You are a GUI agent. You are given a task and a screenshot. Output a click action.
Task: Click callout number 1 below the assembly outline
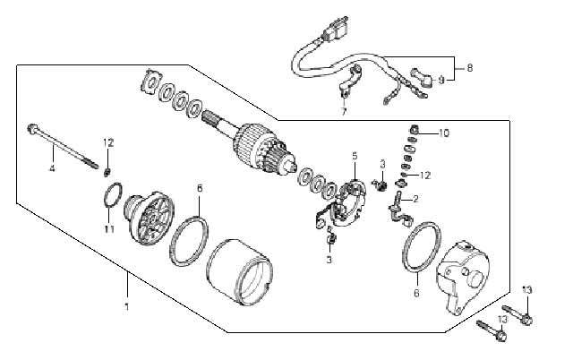pyautogui.click(x=127, y=306)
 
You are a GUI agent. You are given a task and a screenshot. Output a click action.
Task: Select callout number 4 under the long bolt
pyautogui.click(x=52, y=168)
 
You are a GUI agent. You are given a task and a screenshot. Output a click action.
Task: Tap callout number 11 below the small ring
pyautogui.click(x=109, y=229)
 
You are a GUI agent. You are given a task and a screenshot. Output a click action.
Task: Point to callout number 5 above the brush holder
pyautogui.click(x=355, y=156)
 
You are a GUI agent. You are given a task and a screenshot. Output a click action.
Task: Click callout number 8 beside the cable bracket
pyautogui.click(x=469, y=68)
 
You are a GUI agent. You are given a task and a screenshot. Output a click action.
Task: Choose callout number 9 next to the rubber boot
pyautogui.click(x=441, y=80)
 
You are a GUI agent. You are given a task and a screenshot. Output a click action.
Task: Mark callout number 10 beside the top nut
pyautogui.click(x=444, y=133)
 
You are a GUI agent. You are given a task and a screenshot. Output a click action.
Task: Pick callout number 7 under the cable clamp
pyautogui.click(x=344, y=111)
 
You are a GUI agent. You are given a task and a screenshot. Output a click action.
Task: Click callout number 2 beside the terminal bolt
pyautogui.click(x=415, y=199)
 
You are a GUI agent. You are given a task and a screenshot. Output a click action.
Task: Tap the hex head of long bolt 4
pyautogui.click(x=32, y=128)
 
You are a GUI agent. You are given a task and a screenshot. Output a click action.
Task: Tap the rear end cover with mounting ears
pyautogui.click(x=462, y=276)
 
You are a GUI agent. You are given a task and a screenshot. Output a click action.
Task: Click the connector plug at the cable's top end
pyautogui.click(x=336, y=29)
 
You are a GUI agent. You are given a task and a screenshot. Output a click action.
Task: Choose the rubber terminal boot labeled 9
pyautogui.click(x=422, y=78)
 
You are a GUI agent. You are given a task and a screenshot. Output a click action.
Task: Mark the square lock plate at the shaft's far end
pyautogui.click(x=151, y=81)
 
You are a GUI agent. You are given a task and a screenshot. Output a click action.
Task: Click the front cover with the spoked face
pyautogui.click(x=150, y=217)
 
